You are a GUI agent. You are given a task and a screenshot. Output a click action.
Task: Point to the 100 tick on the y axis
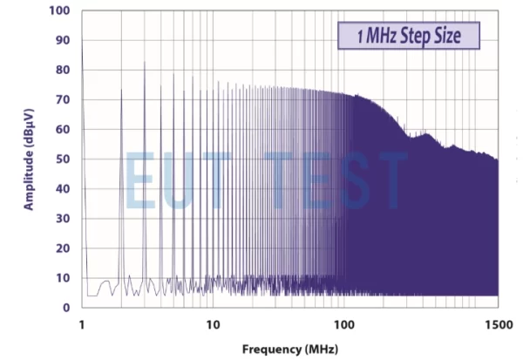point(59,11)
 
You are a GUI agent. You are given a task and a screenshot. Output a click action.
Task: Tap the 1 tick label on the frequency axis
point(82,323)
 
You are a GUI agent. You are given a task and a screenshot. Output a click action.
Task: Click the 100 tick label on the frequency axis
point(345,323)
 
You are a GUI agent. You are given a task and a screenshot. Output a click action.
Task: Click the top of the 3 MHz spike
point(145,63)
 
